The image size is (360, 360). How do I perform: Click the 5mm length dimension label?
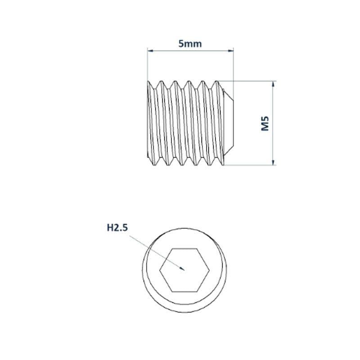(190, 44)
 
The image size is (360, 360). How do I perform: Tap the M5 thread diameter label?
(265, 123)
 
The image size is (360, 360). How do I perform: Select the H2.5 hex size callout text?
(117, 228)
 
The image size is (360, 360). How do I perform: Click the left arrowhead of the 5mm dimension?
(150, 50)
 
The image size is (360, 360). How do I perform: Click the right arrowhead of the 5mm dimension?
(230, 50)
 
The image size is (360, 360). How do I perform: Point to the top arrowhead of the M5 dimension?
(273, 84)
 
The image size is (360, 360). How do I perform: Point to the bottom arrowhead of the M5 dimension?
(273, 162)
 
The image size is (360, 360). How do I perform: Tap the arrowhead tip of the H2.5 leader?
(184, 270)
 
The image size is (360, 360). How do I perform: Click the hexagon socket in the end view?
(184, 270)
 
